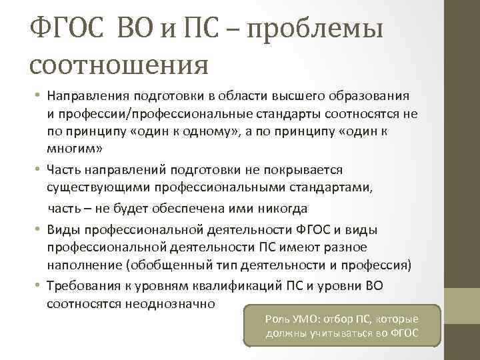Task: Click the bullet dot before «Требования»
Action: click(40, 285)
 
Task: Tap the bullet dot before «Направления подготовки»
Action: click(40, 96)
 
